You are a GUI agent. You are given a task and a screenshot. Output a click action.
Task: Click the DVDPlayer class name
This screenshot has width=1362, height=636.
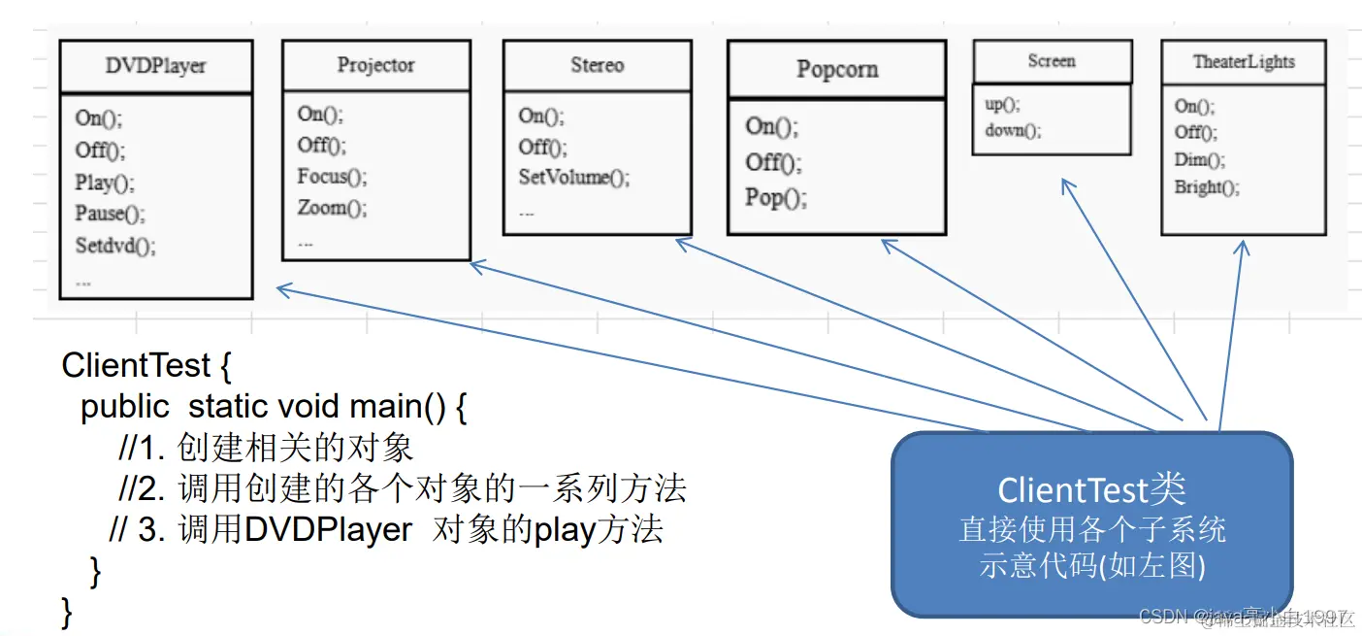155,67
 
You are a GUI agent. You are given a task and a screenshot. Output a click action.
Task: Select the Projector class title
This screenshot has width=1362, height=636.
375,65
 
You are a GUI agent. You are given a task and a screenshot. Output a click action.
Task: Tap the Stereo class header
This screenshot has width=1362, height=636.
597,65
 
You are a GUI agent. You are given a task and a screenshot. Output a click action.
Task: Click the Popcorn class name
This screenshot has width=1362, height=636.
836,70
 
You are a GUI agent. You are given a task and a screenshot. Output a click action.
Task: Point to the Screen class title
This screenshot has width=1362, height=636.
1052,61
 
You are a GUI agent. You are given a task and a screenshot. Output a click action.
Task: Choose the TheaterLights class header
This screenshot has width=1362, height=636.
1243,61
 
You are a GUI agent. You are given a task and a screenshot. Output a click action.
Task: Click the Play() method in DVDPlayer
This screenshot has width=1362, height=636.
105,183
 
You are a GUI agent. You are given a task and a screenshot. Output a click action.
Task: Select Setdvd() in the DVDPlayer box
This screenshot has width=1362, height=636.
115,246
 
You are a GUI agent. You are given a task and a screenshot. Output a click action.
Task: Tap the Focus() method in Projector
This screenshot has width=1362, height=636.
332,177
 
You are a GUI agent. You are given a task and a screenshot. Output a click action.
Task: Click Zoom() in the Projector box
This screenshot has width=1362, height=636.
332,208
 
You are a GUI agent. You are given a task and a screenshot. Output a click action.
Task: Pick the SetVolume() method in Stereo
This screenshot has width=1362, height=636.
573,178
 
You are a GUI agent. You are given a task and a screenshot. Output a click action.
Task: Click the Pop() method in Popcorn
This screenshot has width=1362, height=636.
775,198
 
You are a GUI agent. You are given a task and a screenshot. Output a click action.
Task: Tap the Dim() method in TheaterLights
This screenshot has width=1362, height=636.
1199,160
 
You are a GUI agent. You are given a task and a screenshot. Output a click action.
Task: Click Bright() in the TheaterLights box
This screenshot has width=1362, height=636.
1206,187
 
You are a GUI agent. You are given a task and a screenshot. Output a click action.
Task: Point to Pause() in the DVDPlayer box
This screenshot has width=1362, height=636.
110,214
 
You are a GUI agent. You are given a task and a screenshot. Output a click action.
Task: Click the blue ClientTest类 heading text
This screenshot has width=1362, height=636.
1091,489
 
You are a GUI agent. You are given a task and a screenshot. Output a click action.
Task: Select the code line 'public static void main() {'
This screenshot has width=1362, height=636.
274,406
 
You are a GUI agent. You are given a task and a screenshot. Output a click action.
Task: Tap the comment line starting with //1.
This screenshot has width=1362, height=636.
266,447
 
